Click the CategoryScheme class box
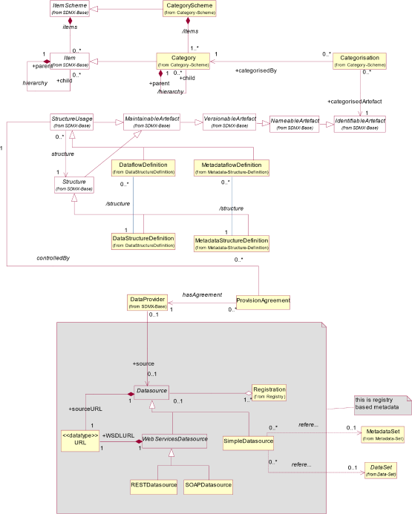coord(189,9)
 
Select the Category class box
coord(183,61)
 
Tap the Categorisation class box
coord(359,61)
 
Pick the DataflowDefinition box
coord(143,168)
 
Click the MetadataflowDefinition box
coord(231,168)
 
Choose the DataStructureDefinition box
coord(143,241)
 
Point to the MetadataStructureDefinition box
coord(231,244)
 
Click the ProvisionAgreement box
coord(263,302)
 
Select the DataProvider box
coord(147,302)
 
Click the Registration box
coord(269,392)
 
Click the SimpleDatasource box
coord(248,443)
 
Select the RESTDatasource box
coord(153,486)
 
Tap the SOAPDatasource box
coord(209,486)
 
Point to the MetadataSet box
coord(383,435)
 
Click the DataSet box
coord(383,469)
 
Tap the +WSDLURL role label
coord(119,435)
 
